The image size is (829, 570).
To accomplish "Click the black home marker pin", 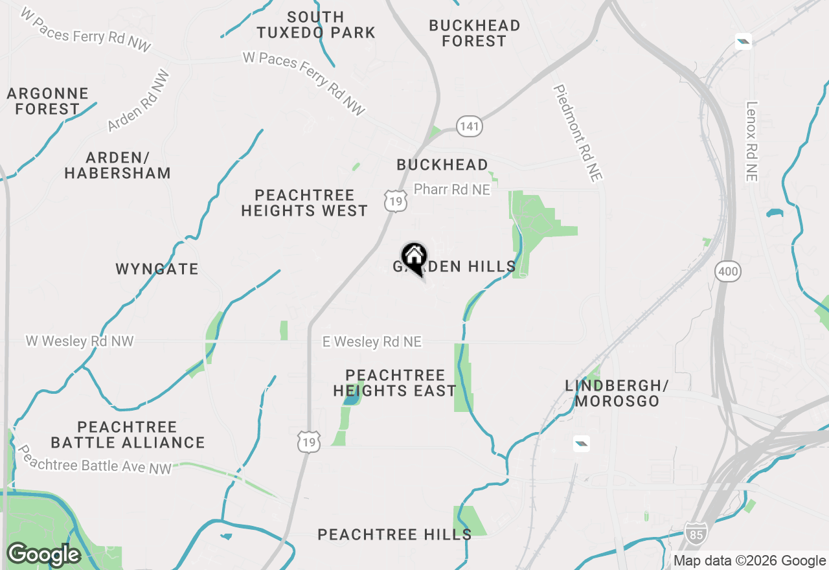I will pyautogui.click(x=414, y=258).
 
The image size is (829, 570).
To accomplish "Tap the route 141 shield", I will pyautogui.click(x=470, y=126).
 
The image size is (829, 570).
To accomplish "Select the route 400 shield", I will pyautogui.click(x=728, y=271).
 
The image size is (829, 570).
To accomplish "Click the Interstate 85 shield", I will pyautogui.click(x=696, y=533).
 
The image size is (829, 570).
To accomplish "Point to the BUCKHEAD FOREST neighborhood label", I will pyautogui.click(x=475, y=33).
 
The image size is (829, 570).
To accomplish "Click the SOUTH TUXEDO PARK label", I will pyautogui.click(x=316, y=25).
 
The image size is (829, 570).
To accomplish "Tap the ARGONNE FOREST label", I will pyautogui.click(x=48, y=102).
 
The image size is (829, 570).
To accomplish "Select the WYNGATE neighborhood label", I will pyautogui.click(x=157, y=269).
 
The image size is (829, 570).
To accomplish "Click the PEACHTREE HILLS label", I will pyautogui.click(x=394, y=534).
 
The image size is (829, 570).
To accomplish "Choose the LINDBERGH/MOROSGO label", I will pyautogui.click(x=617, y=393).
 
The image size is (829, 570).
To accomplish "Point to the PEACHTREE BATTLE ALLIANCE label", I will pyautogui.click(x=128, y=435).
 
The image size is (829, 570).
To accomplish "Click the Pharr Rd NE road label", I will pyautogui.click(x=452, y=190).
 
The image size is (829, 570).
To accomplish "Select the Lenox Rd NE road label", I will pyautogui.click(x=751, y=141).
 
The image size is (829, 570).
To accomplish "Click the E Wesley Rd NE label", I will pyautogui.click(x=372, y=341).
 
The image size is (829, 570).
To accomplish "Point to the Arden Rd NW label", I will pyautogui.click(x=139, y=101).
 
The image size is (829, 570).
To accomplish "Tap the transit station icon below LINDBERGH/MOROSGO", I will pyautogui.click(x=582, y=444).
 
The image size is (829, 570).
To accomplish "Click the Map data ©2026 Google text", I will pyautogui.click(x=749, y=561).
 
